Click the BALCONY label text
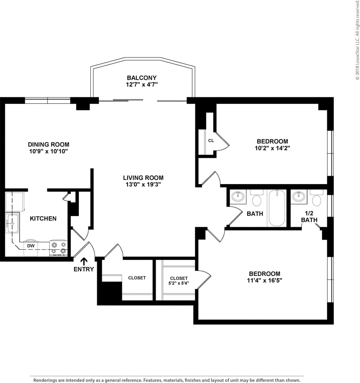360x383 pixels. [141, 78]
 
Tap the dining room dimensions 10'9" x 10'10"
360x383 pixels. [48, 151]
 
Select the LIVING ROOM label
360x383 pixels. [143, 178]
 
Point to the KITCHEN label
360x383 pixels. [43, 219]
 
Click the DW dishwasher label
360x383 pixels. [31, 246]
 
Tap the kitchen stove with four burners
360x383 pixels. [59, 248]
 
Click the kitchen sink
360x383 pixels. [12, 224]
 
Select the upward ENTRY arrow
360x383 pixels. [84, 261]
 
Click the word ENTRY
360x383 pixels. [84, 269]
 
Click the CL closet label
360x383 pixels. [211, 141]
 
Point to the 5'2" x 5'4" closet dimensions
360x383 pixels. [179, 283]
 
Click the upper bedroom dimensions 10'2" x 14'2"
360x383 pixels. [272, 148]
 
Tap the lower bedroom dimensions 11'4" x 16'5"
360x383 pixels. [264, 280]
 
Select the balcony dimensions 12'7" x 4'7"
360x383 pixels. [141, 85]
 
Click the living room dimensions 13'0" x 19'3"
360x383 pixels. [143, 184]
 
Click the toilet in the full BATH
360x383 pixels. [257, 199]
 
